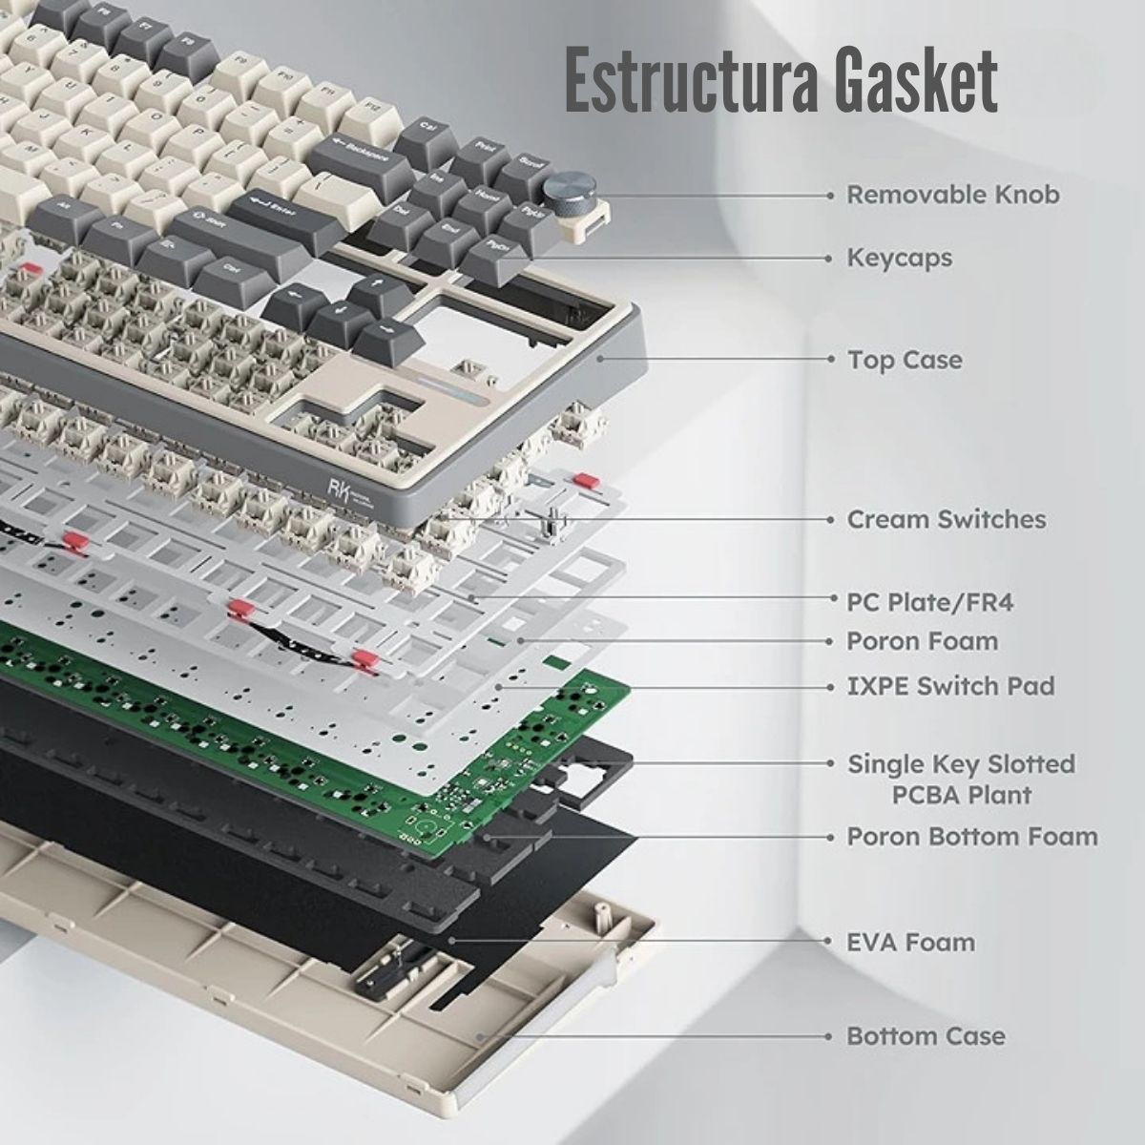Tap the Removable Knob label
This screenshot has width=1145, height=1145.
953,195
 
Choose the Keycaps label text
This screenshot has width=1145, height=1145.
899,258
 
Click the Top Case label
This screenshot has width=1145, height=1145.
905,360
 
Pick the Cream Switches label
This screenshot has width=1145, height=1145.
946,519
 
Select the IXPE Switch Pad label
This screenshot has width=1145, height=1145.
950,685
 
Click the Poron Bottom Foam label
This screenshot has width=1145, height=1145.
972,837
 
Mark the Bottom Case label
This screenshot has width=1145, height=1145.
926,1035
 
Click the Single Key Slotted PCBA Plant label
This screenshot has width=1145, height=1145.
961,779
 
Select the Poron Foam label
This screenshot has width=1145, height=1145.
922,641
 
